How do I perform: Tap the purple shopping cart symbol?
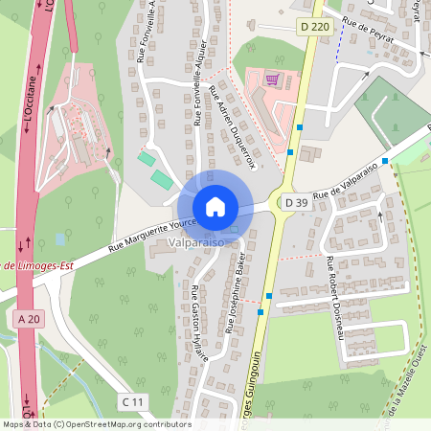[272, 79]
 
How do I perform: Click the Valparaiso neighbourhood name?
[196, 244]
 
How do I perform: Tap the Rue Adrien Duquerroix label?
[234, 134]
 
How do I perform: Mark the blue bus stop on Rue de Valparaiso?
[384, 161]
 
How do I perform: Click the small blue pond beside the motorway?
[61, 238]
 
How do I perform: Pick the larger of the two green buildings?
[161, 178]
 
